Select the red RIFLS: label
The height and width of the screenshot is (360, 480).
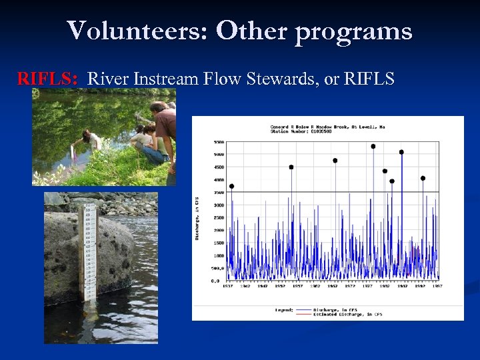tap(49, 79)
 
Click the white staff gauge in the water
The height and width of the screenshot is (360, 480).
tap(88, 253)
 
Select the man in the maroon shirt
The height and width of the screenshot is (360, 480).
tap(164, 127)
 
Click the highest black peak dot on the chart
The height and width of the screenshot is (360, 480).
tap(373, 146)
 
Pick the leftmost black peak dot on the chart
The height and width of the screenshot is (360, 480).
tap(231, 186)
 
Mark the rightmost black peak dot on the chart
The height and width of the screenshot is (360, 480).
tap(423, 178)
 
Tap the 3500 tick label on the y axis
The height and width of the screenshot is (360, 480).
tap(219, 192)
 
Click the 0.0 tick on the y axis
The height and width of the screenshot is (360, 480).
tap(215, 281)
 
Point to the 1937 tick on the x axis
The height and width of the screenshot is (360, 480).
tap(227, 286)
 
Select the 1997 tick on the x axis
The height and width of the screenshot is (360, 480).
tap(437, 286)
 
